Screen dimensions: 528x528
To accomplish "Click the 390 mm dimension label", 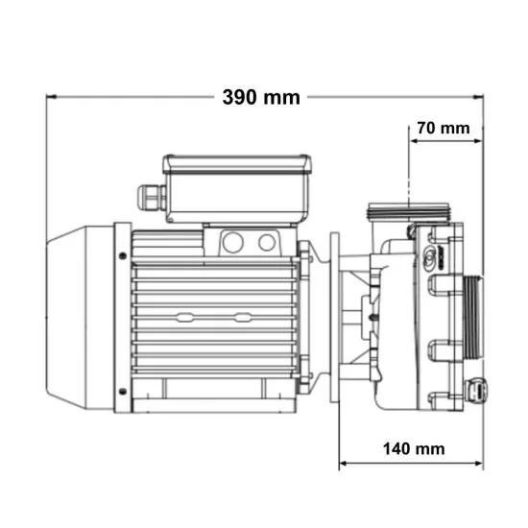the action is (261, 97).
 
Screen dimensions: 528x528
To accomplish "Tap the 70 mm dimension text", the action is (444, 129).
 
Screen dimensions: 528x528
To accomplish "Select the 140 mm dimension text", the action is (414, 449).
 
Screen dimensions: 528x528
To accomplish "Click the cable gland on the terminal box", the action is (152, 198).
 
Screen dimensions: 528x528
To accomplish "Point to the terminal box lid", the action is (237, 164).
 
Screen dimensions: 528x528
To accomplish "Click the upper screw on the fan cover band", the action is (123, 256).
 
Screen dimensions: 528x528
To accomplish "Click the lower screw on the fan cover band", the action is (123, 392).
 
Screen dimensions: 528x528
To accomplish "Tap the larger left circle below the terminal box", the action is (233, 242).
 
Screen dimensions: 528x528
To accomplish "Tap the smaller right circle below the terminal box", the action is (267, 243).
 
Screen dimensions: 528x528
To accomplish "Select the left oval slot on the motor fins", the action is (184, 317).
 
